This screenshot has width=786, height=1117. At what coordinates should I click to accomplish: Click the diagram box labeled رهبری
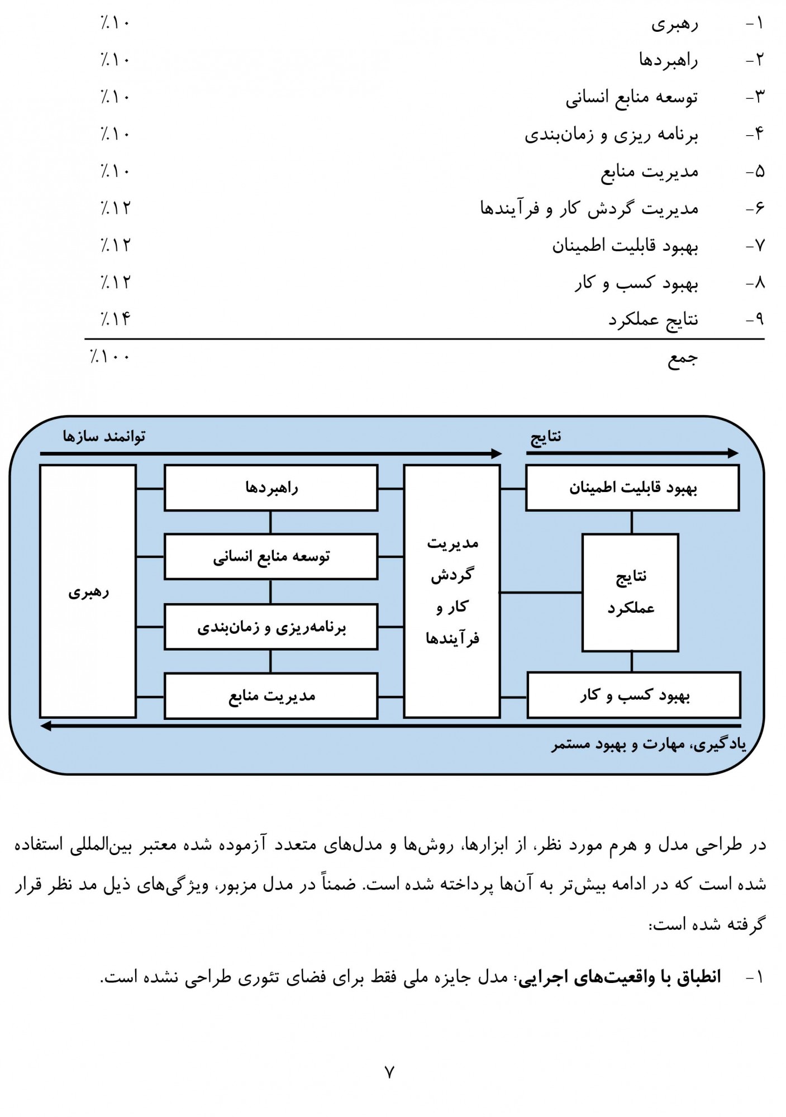click(88, 591)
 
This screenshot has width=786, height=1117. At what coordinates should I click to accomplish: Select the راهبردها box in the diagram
click(271, 488)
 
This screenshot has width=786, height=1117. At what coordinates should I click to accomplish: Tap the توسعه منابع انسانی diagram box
click(271, 556)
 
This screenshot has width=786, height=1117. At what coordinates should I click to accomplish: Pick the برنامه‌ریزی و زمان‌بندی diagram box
click(271, 627)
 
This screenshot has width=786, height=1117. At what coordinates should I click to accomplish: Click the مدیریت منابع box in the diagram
click(271, 695)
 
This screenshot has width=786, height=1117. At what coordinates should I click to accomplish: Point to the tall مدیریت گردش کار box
click(452, 591)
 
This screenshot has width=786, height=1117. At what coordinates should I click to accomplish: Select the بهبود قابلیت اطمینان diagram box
click(632, 488)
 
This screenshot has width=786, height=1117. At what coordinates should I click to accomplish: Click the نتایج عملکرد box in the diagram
click(630, 592)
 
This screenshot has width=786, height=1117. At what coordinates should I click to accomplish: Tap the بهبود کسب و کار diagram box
click(634, 695)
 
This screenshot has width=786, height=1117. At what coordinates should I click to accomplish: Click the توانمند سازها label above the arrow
click(104, 436)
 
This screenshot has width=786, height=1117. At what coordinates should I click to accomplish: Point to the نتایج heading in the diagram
click(546, 436)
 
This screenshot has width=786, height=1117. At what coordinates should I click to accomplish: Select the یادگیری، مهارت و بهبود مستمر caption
click(649, 744)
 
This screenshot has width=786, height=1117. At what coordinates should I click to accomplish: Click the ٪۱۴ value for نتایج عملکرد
click(116, 319)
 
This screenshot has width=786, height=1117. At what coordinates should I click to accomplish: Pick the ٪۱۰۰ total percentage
click(110, 356)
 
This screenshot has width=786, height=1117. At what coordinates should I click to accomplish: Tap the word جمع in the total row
click(683, 359)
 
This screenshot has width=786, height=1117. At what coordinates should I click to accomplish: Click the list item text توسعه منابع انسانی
click(631, 98)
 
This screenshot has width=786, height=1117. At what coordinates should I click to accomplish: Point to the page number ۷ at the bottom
click(389, 1072)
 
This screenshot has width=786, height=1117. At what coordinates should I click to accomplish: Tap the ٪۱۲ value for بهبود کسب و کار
click(116, 282)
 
